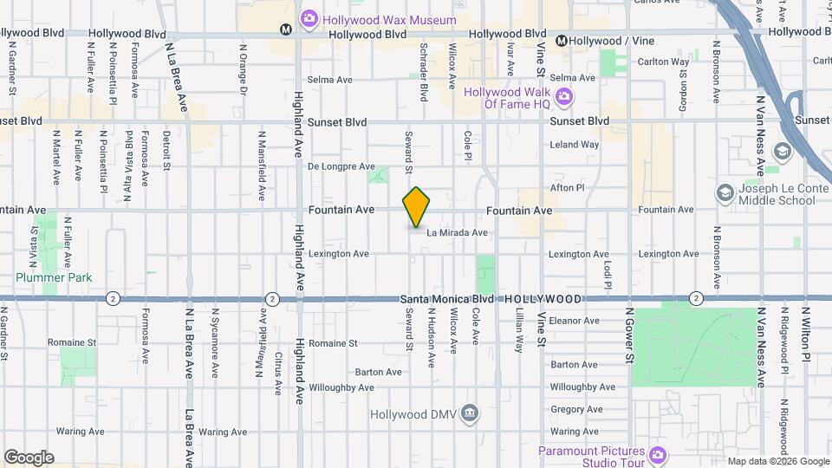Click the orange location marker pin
[x=416, y=208]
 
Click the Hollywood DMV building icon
[x=470, y=412]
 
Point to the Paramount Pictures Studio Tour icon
[x=658, y=453]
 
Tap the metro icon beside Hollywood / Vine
[x=562, y=41]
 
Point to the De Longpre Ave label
[x=341, y=166]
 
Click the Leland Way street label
[x=574, y=145]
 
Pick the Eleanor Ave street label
[x=574, y=321]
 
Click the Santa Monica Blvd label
[x=447, y=298]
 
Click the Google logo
[x=29, y=458]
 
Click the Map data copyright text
[x=777, y=461]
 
